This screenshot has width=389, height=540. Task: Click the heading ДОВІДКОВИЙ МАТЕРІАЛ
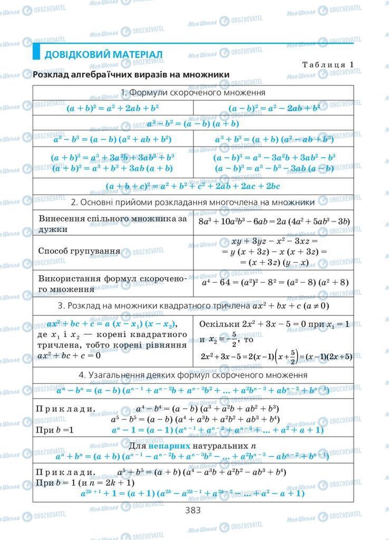point(103,54)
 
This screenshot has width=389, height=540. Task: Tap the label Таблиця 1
point(327,64)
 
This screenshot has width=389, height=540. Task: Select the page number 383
point(192,510)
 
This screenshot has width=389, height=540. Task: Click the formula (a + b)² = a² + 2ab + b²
point(113,108)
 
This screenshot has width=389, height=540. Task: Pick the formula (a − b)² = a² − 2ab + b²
point(274,108)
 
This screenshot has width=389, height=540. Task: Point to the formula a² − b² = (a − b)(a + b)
point(193,124)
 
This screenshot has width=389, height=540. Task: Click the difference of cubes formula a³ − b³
point(113,140)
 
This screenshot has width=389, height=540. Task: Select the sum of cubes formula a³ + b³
point(274,140)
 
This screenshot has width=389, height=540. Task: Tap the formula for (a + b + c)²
point(193,186)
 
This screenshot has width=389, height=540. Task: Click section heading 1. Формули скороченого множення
point(193,93)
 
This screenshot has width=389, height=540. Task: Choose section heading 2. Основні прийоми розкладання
point(193,202)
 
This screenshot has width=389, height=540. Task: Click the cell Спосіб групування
point(79,250)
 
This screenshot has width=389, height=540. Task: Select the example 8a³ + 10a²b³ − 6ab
point(274,221)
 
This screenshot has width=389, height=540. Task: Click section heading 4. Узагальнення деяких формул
point(193,375)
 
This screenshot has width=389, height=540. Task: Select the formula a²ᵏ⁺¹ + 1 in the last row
point(193,494)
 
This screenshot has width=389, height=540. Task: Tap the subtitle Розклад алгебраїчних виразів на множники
point(131,75)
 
